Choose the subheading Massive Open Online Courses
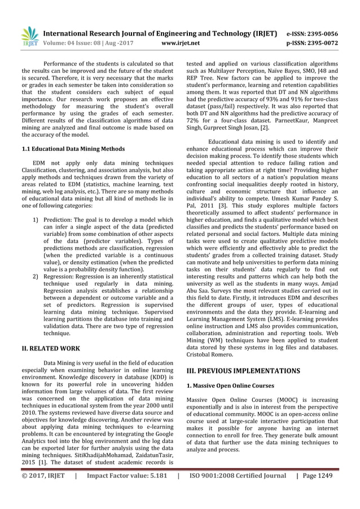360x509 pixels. [230, 386]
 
